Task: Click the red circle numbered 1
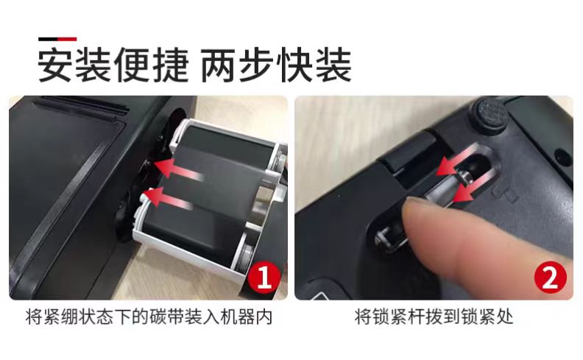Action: [264, 276]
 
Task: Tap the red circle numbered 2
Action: [551, 277]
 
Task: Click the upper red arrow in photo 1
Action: [177, 169]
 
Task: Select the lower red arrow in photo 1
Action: [169, 198]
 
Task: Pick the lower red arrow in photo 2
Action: [473, 186]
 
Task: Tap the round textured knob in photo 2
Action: [489, 115]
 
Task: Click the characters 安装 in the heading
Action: [74, 65]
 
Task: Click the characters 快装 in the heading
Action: [314, 65]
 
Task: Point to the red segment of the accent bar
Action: [67, 39]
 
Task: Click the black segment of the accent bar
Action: [48, 39]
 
